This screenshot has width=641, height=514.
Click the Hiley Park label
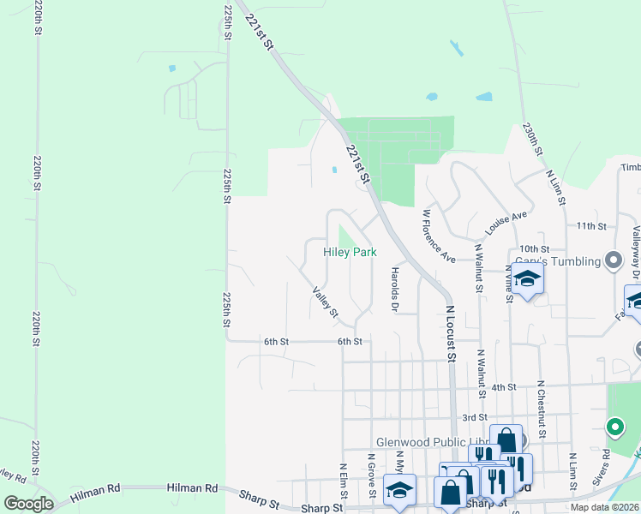[350, 253]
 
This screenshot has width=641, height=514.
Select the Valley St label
[326, 302]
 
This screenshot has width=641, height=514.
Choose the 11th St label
[591, 226]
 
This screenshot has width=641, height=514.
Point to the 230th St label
[533, 140]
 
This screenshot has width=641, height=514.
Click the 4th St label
[503, 387]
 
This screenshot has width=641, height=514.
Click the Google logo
[28, 504]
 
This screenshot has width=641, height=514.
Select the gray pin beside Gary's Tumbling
[613, 260]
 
